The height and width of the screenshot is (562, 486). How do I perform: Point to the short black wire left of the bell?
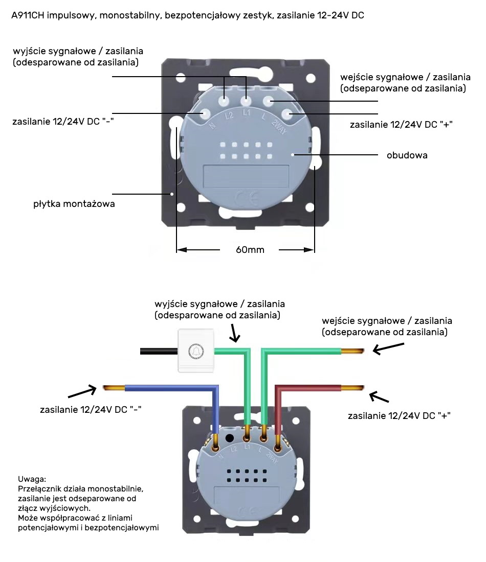pos(158,351)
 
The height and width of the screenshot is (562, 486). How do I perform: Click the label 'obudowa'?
pos(407,155)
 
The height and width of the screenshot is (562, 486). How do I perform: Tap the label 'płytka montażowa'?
pos(74,204)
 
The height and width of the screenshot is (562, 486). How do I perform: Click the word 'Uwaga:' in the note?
pos(32,479)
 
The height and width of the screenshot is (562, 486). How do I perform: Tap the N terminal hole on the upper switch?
pos(206,113)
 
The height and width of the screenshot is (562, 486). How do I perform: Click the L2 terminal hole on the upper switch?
pos(225,101)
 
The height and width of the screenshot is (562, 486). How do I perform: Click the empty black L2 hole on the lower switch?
pos(230,438)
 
